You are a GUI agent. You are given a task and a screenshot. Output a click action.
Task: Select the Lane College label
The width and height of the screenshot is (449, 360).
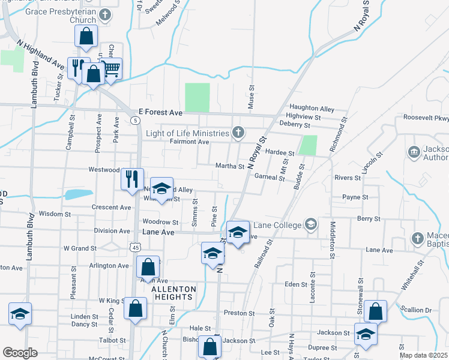(278, 225)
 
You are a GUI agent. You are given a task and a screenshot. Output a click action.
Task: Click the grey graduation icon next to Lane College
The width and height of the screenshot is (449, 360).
(310, 225)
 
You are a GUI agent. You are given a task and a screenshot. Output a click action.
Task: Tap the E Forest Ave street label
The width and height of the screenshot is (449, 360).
(160, 112)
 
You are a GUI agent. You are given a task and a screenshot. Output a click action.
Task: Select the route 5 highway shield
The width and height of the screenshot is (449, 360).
(136, 121)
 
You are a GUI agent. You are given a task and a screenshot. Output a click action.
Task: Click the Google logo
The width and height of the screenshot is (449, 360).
(20, 353)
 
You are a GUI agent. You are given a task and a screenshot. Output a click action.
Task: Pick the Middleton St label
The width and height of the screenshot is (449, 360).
(332, 239)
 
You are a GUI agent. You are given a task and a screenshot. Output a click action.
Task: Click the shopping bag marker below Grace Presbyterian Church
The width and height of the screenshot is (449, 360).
(86, 37)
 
